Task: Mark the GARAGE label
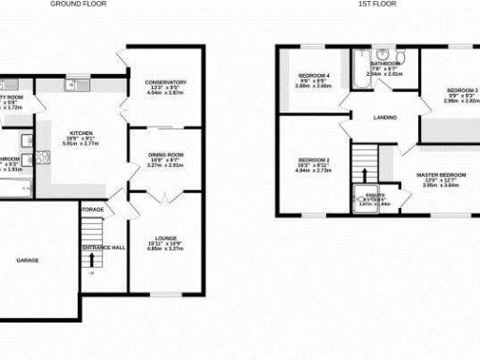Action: point(27,260)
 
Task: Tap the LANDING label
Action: point(382,117)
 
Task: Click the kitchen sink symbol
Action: point(72,85)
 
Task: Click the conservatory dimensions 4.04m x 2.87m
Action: point(166,92)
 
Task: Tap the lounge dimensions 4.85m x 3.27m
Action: point(163,224)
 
